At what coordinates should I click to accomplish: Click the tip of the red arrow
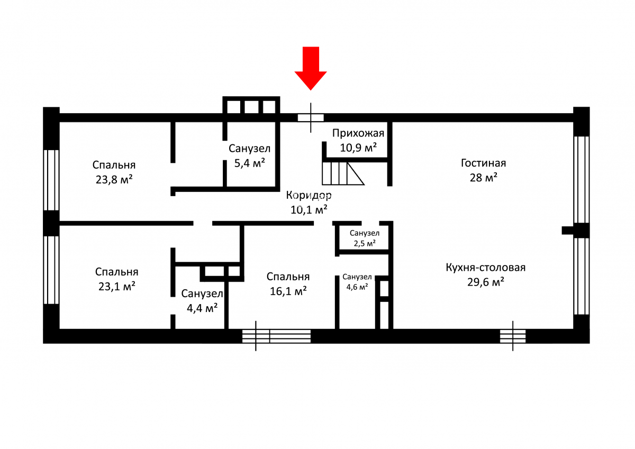pos(311,90)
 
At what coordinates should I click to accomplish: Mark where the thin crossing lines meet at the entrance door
pos(311,117)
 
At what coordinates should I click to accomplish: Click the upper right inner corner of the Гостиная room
pos(573,122)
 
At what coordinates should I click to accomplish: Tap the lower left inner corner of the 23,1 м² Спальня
pos(59,329)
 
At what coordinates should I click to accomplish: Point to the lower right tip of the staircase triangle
pos(364,185)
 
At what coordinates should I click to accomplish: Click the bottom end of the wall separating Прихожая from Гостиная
pos(390,186)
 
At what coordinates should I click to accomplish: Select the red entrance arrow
pos(311,69)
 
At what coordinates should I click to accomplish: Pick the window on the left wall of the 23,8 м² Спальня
pos(51,180)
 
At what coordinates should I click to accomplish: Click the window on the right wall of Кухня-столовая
pos(582,276)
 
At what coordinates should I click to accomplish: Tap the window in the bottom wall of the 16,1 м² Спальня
pos(276,336)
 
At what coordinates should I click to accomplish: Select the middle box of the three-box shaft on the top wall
pos(251,107)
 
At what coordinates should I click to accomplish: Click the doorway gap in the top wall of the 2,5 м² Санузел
pos(370,223)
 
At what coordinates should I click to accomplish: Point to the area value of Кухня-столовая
pos(486,282)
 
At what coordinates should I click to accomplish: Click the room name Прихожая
pos(358,133)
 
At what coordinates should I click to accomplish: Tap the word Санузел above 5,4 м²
pos(249,149)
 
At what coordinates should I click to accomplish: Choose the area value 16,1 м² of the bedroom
pos(288,291)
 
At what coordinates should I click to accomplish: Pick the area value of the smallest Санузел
pos(365,243)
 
